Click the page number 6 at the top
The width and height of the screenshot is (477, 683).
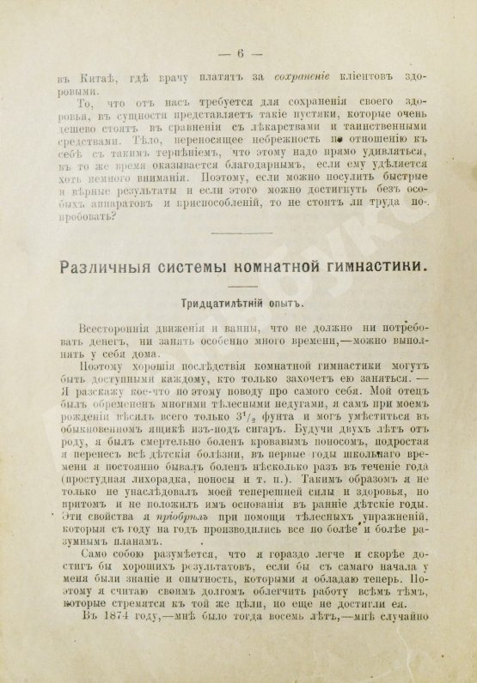242,53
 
